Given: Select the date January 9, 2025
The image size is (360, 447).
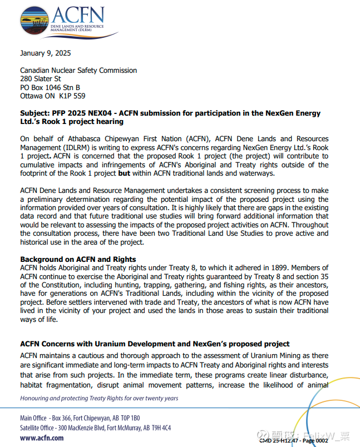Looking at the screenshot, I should (x=45, y=54).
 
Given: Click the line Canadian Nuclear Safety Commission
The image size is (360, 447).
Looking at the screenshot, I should (x=78, y=71).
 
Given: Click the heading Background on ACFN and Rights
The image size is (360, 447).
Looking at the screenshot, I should (x=78, y=260).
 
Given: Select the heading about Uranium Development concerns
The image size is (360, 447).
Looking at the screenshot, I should (x=155, y=344).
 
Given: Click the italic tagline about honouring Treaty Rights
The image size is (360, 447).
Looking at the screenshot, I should (x=99, y=398).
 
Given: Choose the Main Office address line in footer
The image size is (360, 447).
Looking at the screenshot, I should (x=80, y=418).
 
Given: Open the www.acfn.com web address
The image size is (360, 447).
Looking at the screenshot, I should (x=42, y=438).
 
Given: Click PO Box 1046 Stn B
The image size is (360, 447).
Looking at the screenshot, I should (x=50, y=87).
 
